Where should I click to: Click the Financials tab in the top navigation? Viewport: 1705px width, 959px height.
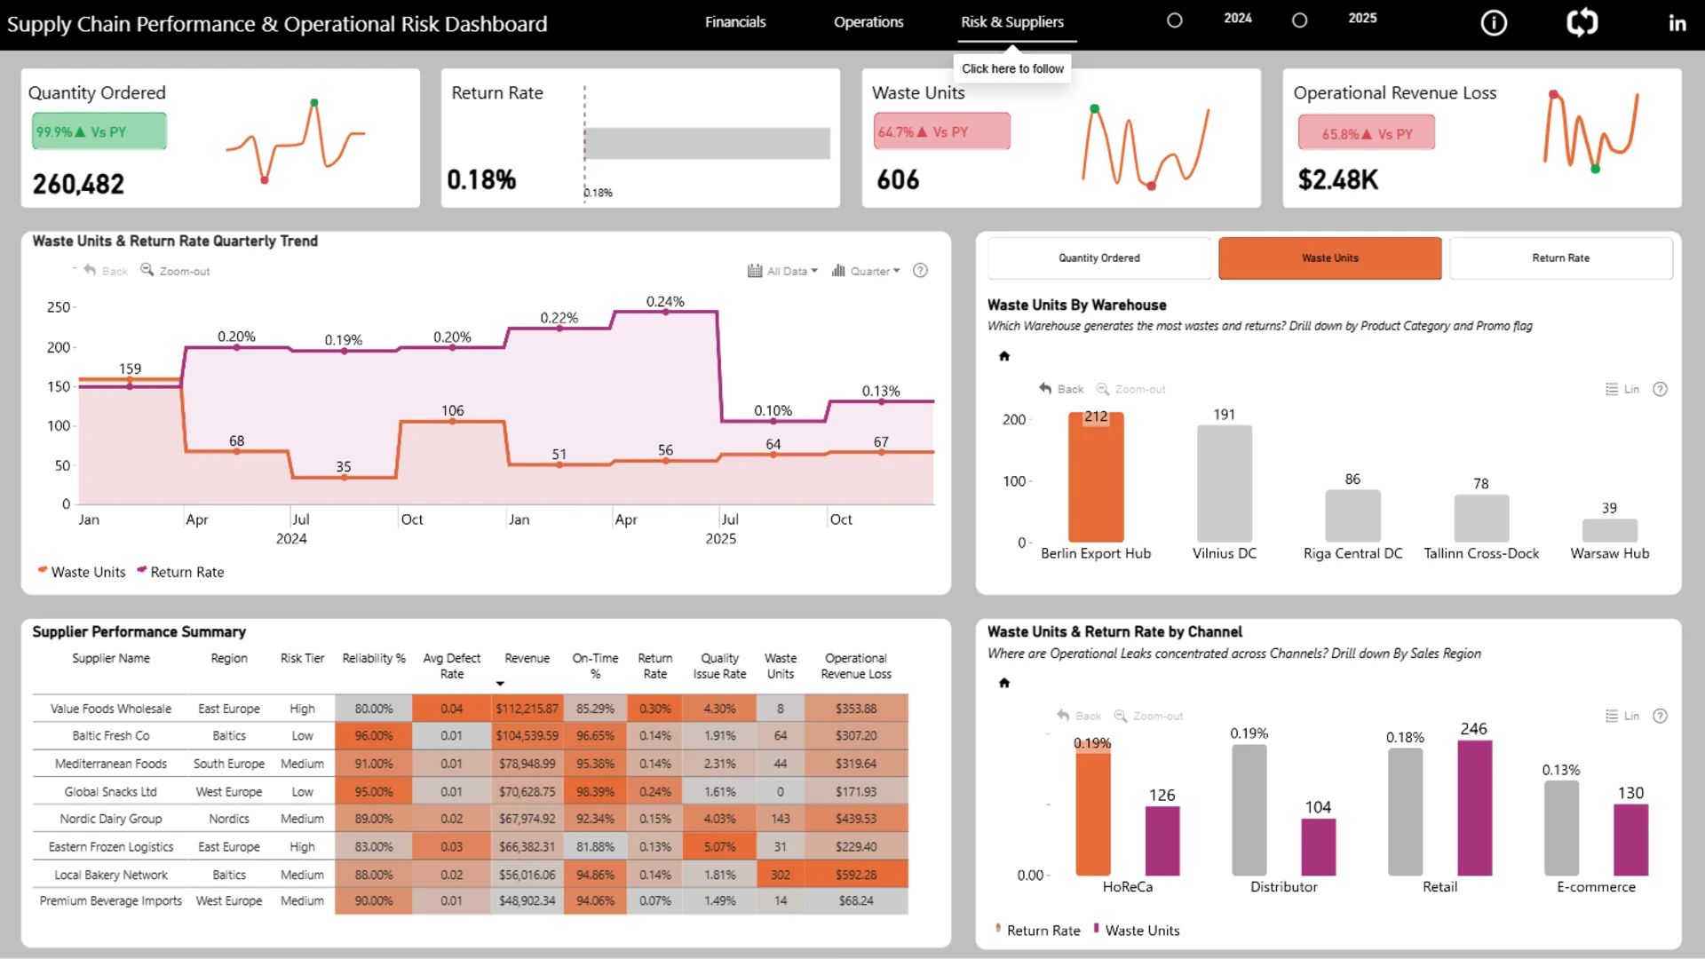coord(735,22)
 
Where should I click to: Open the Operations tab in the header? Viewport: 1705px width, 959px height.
coord(868,22)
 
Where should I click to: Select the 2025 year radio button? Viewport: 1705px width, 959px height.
coord(1299,20)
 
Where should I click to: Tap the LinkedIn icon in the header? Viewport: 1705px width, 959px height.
coord(1677,23)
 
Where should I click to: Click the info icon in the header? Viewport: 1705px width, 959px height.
coord(1494,23)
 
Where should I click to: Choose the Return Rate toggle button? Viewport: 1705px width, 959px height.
coord(1560,258)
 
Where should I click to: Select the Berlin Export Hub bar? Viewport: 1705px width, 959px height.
coord(1096,477)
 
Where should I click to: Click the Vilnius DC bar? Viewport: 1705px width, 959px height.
coord(1225,484)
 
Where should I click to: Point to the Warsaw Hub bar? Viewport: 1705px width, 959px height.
coord(1610,530)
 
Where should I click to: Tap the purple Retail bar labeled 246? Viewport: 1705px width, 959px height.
coord(1474,808)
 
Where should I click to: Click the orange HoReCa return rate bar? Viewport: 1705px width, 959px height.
coord(1093,809)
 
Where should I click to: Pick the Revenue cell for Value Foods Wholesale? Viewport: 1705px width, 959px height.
coord(527,709)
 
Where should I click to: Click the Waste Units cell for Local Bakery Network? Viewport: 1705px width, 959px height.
coord(781,875)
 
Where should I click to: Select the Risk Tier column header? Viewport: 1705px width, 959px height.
coord(302,659)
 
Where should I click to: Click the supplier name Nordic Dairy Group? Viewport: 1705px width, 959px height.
coord(111,819)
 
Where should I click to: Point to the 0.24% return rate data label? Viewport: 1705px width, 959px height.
coord(665,302)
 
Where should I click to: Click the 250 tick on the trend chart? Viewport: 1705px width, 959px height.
coord(59,307)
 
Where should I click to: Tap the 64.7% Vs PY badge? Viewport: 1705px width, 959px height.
coord(942,131)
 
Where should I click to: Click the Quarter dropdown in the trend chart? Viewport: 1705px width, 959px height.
coord(866,271)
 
